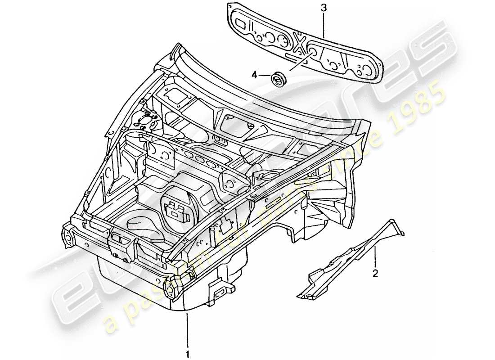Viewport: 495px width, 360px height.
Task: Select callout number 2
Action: click(375, 273)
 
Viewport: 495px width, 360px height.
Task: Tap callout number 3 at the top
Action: click(324, 8)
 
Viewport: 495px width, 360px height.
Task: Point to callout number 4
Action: click(254, 75)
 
